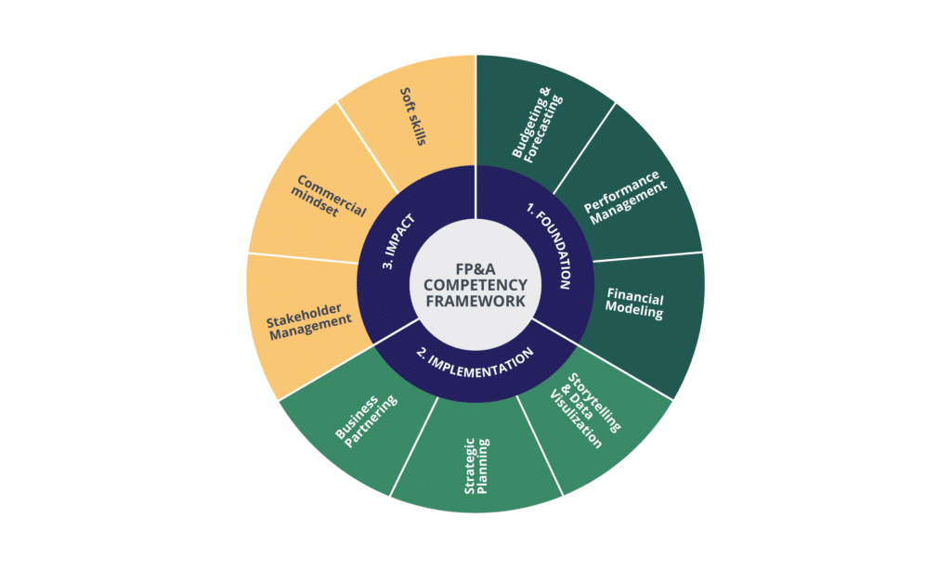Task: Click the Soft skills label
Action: (x=413, y=116)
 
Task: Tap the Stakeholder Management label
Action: (x=309, y=321)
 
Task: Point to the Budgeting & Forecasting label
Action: (x=538, y=124)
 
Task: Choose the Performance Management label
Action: (x=625, y=198)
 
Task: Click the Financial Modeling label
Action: (x=634, y=304)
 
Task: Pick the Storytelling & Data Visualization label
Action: (x=585, y=411)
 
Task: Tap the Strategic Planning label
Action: (x=476, y=466)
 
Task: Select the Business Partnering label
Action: (x=366, y=421)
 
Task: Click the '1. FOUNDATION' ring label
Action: (x=549, y=246)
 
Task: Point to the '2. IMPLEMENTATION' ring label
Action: (x=475, y=363)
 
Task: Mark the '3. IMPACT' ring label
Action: (x=398, y=241)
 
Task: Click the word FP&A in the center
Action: (x=475, y=268)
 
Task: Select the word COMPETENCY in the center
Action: (x=475, y=285)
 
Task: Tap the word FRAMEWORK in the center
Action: (x=475, y=301)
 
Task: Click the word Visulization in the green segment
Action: (x=576, y=421)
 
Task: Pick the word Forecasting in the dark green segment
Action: (x=543, y=129)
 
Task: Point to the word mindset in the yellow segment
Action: (x=314, y=201)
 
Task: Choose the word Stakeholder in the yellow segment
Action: (x=305, y=315)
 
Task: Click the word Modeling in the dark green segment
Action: (x=633, y=310)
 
